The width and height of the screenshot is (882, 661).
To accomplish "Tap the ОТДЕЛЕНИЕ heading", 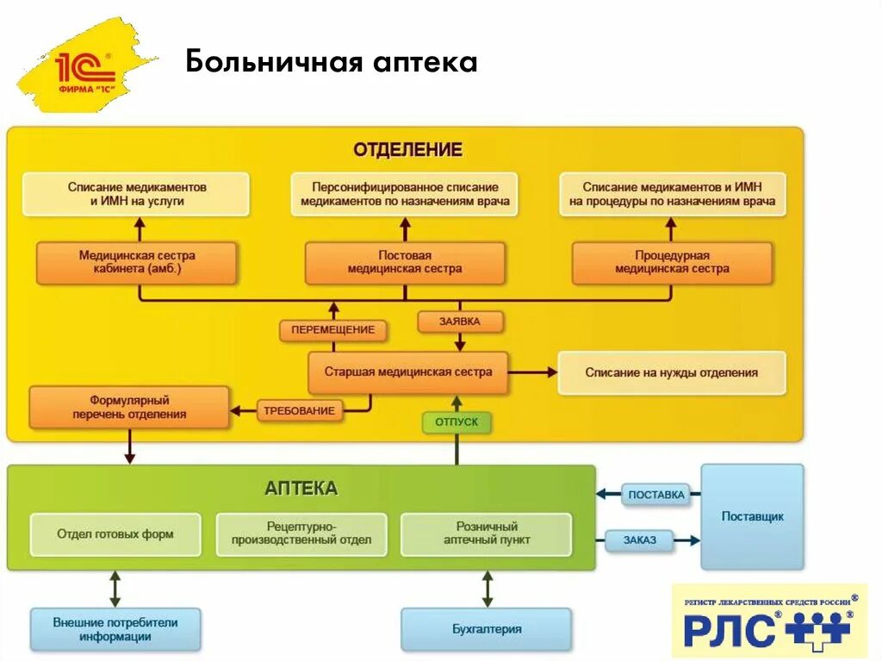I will (x=407, y=150).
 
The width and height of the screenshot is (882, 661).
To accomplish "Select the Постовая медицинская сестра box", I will (x=405, y=262).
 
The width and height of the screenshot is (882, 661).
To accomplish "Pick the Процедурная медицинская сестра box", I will (x=672, y=262).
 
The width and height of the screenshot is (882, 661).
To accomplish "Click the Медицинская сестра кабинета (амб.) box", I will (x=137, y=262).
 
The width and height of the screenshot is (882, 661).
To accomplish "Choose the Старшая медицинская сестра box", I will (x=408, y=372).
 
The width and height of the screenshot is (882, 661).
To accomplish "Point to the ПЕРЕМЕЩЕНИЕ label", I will (x=332, y=330).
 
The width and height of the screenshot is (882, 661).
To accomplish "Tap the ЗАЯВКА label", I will (x=460, y=321).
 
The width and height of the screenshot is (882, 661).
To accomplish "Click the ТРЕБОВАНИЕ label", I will (x=299, y=410).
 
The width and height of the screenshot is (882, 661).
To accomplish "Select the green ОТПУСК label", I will (x=457, y=422).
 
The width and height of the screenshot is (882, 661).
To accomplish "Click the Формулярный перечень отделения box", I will (x=129, y=407).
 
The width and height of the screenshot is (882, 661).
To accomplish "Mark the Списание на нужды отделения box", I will (x=672, y=372).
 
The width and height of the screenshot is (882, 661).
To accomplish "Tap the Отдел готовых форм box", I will (x=115, y=534).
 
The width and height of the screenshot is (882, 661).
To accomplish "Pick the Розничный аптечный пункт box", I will (x=487, y=534).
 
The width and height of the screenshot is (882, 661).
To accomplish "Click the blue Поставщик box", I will (x=752, y=516).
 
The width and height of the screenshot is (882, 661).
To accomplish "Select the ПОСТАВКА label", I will (x=655, y=495).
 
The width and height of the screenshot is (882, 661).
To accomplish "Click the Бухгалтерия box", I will (x=487, y=629).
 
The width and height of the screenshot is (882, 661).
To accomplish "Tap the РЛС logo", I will (x=770, y=620).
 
